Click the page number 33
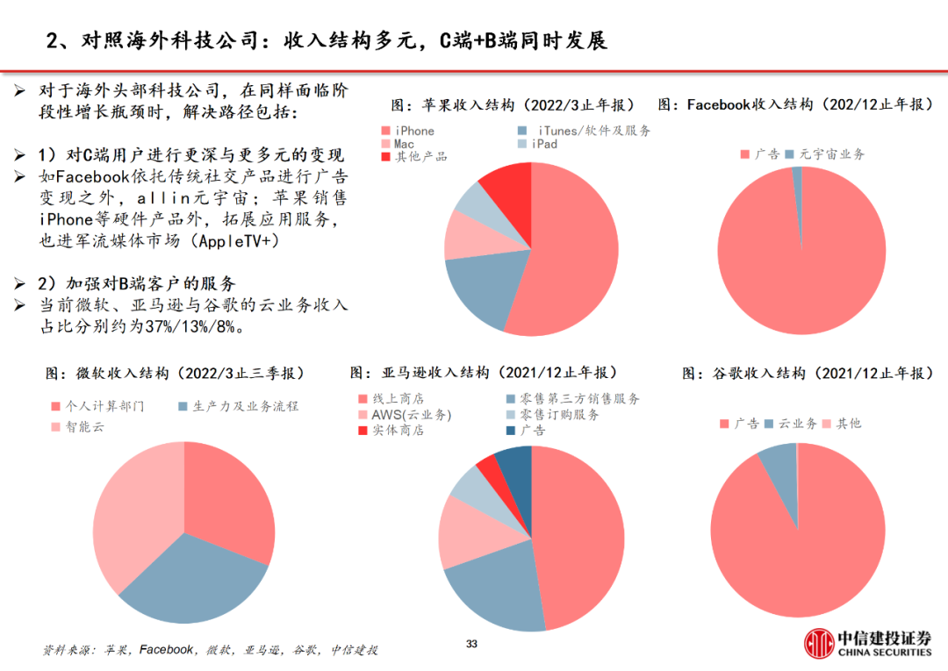471,645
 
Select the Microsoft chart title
175,374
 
